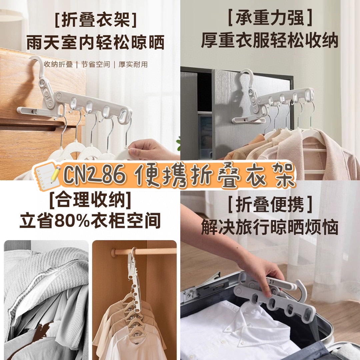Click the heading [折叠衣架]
[96, 20]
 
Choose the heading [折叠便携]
[270, 204]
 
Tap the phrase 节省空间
[96, 65]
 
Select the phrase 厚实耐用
[133, 65]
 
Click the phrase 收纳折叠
[58, 65]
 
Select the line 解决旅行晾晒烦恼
[270, 227]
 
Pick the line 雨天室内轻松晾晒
[96, 43]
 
